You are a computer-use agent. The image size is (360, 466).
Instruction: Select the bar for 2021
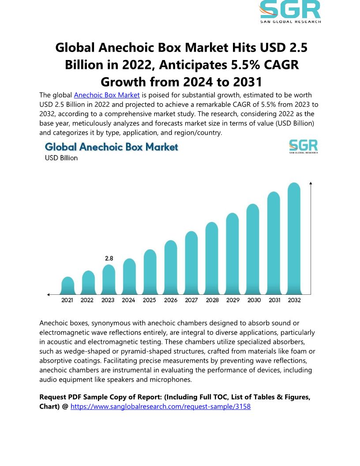point(67,286)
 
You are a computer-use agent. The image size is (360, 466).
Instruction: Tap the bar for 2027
point(191,263)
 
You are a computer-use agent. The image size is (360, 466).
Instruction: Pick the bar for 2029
point(232,254)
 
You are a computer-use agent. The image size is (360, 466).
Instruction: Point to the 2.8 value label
point(109,259)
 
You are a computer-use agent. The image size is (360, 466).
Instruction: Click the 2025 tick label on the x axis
point(149,301)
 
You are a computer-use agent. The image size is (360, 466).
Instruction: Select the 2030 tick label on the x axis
point(254,301)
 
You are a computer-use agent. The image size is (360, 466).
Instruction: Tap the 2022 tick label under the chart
point(87,301)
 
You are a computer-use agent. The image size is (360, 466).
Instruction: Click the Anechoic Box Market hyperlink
point(107,95)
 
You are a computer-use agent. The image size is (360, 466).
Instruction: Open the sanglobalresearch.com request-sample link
point(161,406)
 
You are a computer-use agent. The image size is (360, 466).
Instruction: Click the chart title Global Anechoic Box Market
point(112,147)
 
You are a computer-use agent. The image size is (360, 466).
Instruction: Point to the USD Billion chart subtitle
point(61,158)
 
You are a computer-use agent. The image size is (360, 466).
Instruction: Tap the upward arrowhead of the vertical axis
point(311,183)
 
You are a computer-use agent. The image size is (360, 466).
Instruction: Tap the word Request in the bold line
point(53,397)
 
